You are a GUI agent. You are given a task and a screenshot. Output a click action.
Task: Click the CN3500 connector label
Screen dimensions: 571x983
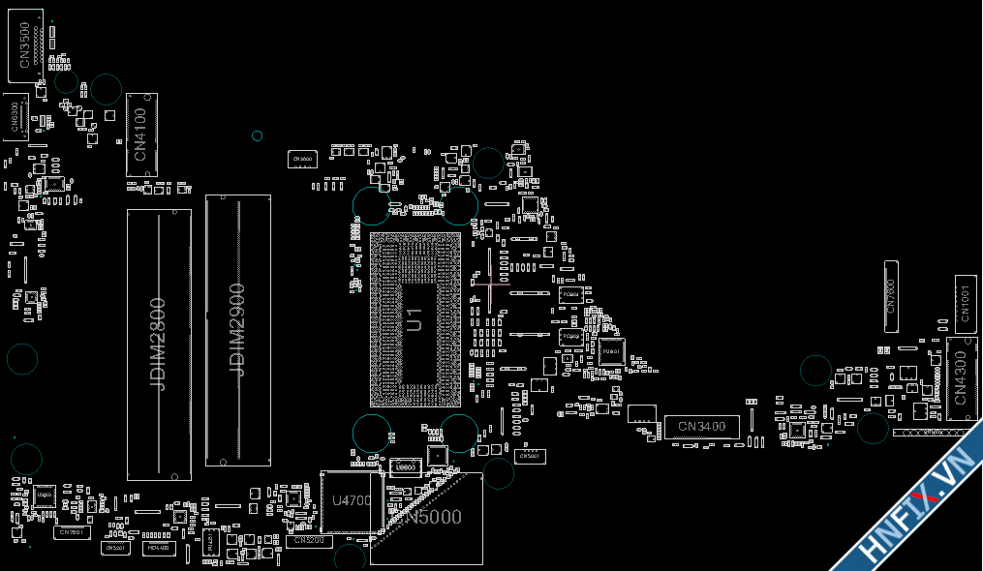(x=24, y=45)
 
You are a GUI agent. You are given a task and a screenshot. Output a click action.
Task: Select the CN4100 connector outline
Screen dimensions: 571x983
(x=141, y=135)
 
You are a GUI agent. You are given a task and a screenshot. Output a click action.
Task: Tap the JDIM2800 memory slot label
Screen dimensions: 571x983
(x=159, y=345)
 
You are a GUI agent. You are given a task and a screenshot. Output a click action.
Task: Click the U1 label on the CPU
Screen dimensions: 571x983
(x=415, y=319)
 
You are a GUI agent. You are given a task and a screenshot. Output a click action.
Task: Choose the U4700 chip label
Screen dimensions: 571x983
(x=352, y=501)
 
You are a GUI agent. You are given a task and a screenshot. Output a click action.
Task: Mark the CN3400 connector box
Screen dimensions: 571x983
(x=702, y=426)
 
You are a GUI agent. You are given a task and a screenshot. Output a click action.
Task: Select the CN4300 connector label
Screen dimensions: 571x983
(x=961, y=378)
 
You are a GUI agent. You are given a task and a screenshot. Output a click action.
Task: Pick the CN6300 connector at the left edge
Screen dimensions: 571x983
(x=15, y=117)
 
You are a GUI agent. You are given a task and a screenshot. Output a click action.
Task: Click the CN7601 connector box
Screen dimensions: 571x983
(x=73, y=532)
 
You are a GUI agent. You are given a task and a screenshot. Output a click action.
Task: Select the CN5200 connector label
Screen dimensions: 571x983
(x=309, y=541)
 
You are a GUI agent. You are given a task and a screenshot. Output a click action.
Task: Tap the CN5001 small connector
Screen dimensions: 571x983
(x=529, y=456)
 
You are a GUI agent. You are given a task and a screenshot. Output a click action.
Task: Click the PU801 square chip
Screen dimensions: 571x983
(x=611, y=351)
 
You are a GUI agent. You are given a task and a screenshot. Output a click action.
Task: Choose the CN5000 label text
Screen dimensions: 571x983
(x=433, y=518)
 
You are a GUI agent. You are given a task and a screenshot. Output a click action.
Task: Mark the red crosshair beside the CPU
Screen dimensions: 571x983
(x=490, y=285)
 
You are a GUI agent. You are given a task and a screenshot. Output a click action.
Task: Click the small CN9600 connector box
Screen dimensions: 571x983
(x=301, y=158)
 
